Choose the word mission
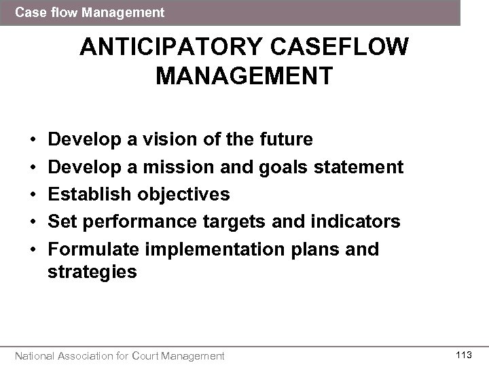(x=181, y=167)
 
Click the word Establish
(x=92, y=194)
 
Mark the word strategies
(x=92, y=272)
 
